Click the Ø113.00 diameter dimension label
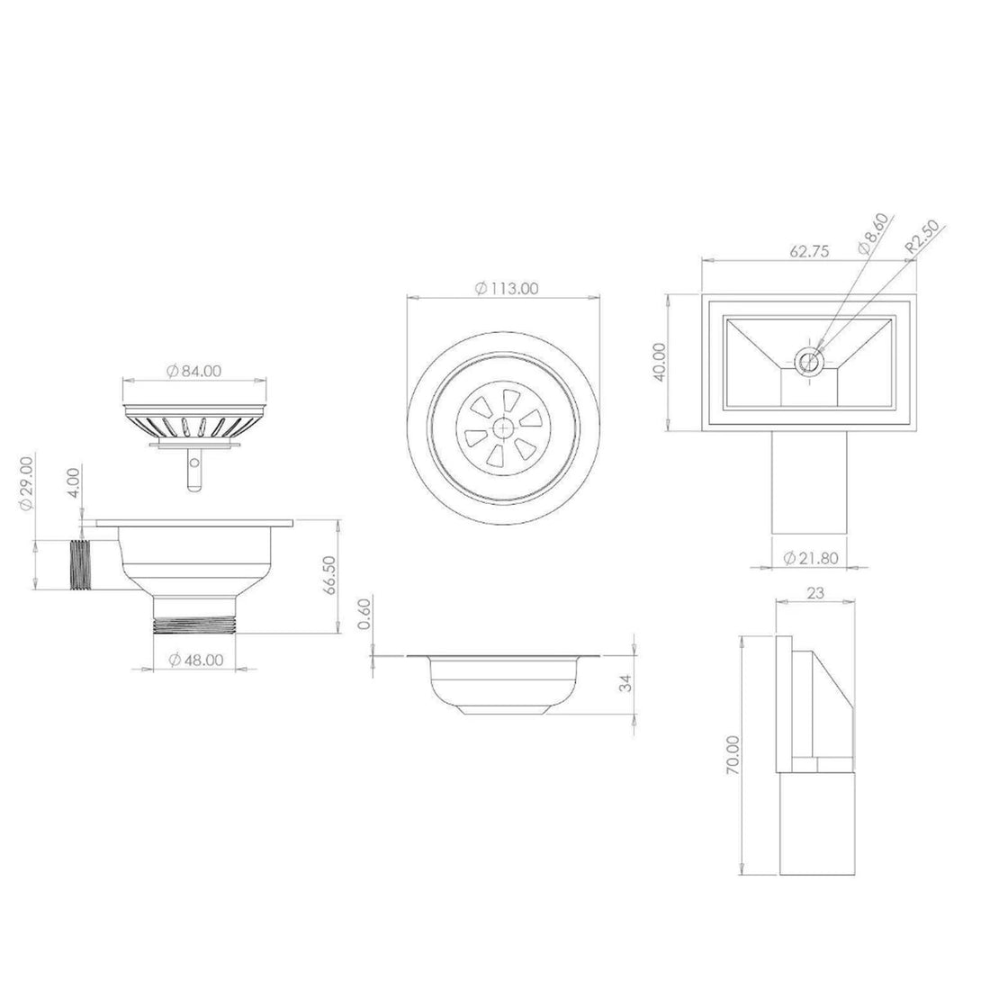tap(505, 288)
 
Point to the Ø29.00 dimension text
tap(27, 484)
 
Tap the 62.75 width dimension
tap(811, 252)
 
